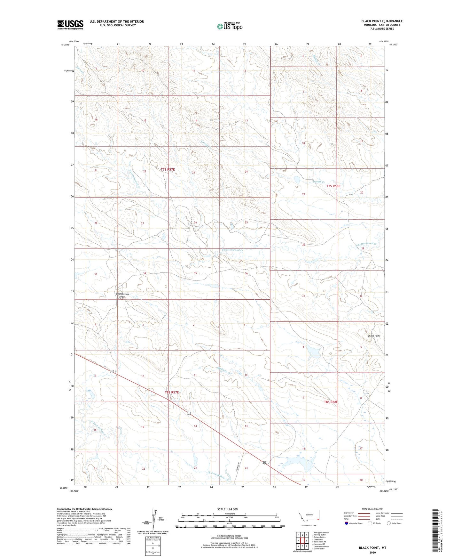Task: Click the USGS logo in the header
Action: pos(70,25)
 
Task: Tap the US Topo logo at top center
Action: pos(230,26)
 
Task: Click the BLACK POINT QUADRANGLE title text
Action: pos(382,21)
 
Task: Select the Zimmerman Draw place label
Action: pos(122,295)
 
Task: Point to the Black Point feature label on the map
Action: pos(374,336)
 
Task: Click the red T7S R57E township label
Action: pos(168,169)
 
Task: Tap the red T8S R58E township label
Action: pos(331,402)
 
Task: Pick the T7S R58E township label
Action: pos(333,186)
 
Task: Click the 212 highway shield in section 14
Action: pos(189,413)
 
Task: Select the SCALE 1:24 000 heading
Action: pos(227,509)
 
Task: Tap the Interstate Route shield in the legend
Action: pos(347,523)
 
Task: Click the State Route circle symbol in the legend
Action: pos(389,523)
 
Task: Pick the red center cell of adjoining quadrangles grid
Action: pos(302,540)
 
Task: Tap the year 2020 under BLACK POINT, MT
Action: pos(372,552)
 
